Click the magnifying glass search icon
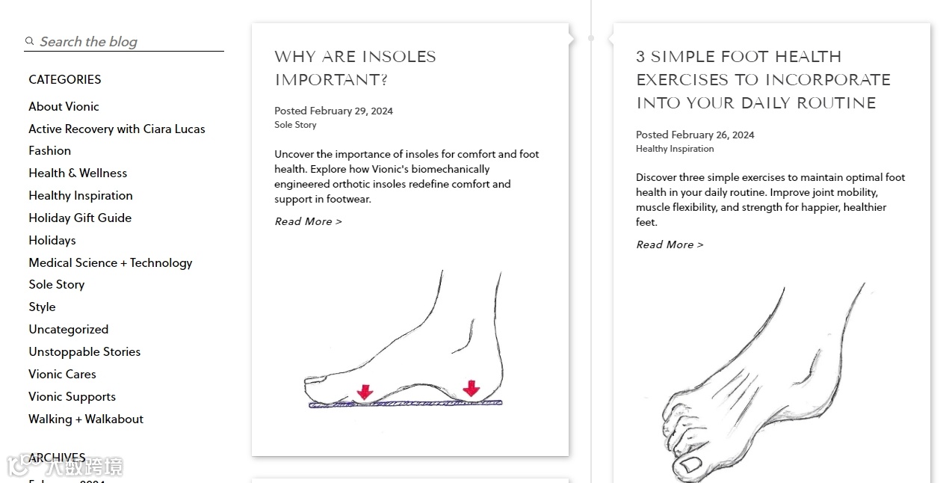29,40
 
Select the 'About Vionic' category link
64,106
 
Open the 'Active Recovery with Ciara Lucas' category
117,129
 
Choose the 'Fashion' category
49,151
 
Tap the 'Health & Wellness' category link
78,173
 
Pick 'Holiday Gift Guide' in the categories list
80,218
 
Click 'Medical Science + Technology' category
110,263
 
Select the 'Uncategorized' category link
69,330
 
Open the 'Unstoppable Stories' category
84,352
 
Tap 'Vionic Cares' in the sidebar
62,374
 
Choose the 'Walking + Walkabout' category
86,419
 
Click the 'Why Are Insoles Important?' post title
355,68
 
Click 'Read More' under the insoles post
308,221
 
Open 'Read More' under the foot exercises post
670,244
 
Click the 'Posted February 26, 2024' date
695,135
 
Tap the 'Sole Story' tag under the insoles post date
295,125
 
